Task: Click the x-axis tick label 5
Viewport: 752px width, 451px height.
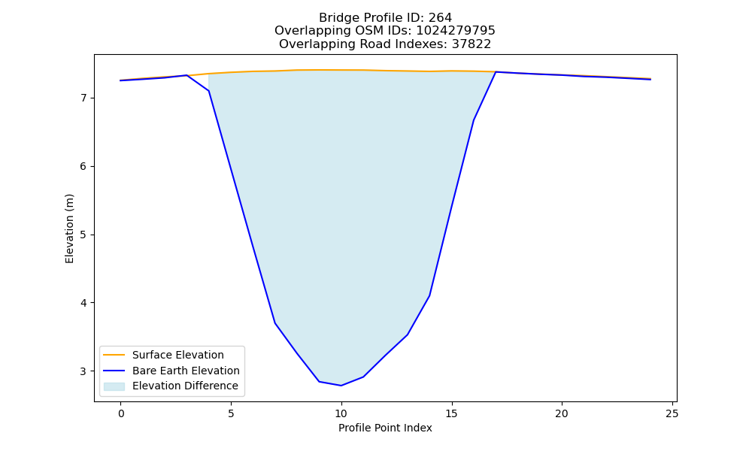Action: point(231,413)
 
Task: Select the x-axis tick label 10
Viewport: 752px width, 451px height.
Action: point(341,413)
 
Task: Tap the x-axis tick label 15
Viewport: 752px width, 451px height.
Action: point(451,413)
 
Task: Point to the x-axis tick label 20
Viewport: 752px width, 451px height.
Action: point(562,413)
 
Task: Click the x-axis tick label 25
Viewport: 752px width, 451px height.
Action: point(672,413)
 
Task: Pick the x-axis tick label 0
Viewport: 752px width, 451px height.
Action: point(121,413)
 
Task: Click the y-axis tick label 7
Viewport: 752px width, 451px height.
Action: point(84,98)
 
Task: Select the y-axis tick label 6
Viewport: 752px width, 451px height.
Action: point(84,167)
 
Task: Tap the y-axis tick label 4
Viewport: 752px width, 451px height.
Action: point(84,304)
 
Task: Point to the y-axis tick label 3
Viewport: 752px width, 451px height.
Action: point(84,371)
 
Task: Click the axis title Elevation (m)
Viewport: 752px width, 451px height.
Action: point(69,229)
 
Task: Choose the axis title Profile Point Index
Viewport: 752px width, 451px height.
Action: point(385,428)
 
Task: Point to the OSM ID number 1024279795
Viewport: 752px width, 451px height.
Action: point(455,31)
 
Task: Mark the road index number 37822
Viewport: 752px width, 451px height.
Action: point(471,44)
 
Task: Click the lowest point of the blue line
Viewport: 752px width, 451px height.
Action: point(341,386)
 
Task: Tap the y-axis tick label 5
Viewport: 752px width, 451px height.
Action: point(84,235)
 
